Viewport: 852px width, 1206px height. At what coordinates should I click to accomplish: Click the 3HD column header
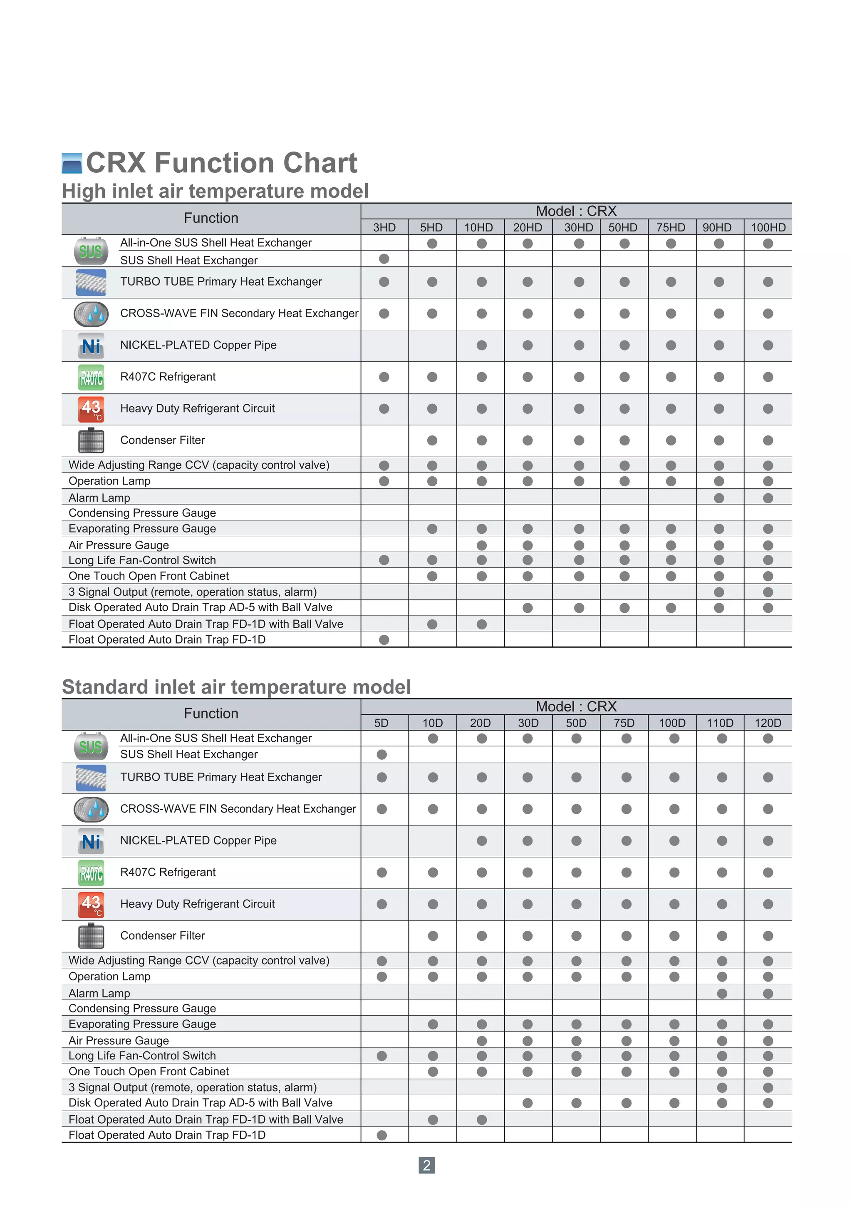point(384,227)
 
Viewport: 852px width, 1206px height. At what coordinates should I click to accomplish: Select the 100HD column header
point(768,227)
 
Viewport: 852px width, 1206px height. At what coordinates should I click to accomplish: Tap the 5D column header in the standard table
point(381,723)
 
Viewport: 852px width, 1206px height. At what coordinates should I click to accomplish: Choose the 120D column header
point(768,723)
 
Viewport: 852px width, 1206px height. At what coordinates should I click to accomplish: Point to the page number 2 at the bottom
point(426,1166)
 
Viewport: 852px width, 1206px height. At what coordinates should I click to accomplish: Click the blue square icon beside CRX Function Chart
point(72,163)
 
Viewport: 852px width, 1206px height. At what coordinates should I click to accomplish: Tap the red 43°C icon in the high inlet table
point(91,409)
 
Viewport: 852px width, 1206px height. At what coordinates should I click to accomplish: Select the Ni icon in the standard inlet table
point(91,841)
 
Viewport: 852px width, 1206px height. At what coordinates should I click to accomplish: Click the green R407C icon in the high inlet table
point(91,377)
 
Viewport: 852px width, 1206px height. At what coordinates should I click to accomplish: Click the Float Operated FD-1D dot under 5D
point(381,1135)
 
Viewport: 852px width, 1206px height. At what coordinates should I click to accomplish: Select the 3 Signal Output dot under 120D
point(768,1087)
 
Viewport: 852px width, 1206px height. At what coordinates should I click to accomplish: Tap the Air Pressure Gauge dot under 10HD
point(481,545)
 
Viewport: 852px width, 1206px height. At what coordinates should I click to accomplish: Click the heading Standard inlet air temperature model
point(236,687)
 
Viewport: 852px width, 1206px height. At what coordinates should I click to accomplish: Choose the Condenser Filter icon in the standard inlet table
point(91,936)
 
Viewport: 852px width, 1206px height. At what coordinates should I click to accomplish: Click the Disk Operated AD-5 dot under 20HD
point(528,608)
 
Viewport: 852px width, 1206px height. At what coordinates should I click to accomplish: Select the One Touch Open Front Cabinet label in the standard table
point(149,1072)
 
